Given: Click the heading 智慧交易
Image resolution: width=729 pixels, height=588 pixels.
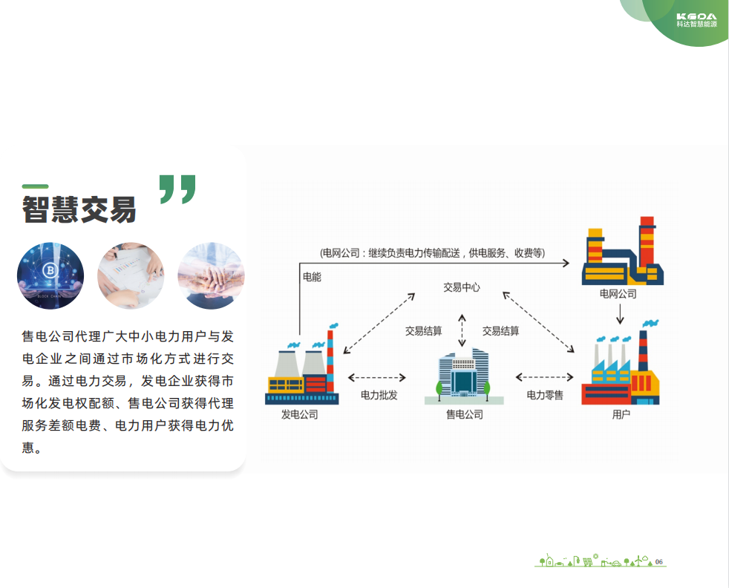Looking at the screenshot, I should [79, 209].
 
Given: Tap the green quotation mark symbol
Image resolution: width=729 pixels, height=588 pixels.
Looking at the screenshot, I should [178, 189].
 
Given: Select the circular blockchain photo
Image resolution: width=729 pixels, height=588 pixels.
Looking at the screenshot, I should [50, 276].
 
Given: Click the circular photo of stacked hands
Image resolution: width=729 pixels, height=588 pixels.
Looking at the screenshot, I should [211, 276].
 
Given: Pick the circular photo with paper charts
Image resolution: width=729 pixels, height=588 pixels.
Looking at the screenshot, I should [131, 276].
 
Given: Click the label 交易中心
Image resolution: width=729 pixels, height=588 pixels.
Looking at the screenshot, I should [462, 287].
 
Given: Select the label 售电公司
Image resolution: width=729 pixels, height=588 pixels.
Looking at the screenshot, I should [464, 414].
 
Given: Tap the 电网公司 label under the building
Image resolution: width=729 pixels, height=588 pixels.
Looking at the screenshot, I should [618, 294].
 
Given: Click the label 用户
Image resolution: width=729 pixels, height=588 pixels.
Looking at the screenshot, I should [621, 414].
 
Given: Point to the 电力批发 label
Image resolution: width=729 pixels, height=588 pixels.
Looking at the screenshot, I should [379, 395].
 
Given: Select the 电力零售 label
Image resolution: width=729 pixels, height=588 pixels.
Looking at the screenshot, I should [545, 395].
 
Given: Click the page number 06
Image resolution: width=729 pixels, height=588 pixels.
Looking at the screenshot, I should [659, 561].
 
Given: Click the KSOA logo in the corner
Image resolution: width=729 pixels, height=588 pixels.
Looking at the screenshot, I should [696, 19].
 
